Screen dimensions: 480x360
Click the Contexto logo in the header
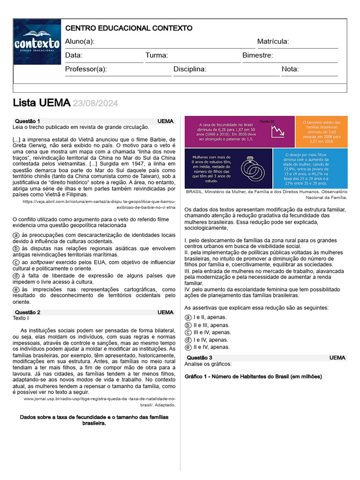(x=37, y=42)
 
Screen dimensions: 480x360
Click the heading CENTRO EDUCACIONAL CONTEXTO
(x=128, y=28)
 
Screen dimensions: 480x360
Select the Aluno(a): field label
(x=80, y=42)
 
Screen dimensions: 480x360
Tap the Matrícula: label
(x=273, y=42)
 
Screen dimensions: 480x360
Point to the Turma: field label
(x=157, y=55)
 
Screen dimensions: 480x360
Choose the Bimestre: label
(x=257, y=55)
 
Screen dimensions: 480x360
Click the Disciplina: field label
(x=190, y=69)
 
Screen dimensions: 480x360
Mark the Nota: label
(x=290, y=69)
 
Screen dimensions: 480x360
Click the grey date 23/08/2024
(x=95, y=103)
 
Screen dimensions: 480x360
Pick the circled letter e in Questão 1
(x=16, y=290)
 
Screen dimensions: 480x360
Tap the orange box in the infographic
(x=321, y=132)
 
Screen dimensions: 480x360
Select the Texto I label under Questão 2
(x=21, y=318)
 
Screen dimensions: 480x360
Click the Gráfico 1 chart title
(x=253, y=376)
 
